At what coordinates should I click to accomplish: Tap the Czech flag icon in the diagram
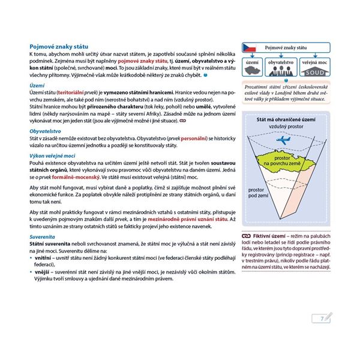click(250, 47)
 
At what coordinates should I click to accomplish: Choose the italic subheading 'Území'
click(37, 86)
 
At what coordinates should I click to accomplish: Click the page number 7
click(323, 317)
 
